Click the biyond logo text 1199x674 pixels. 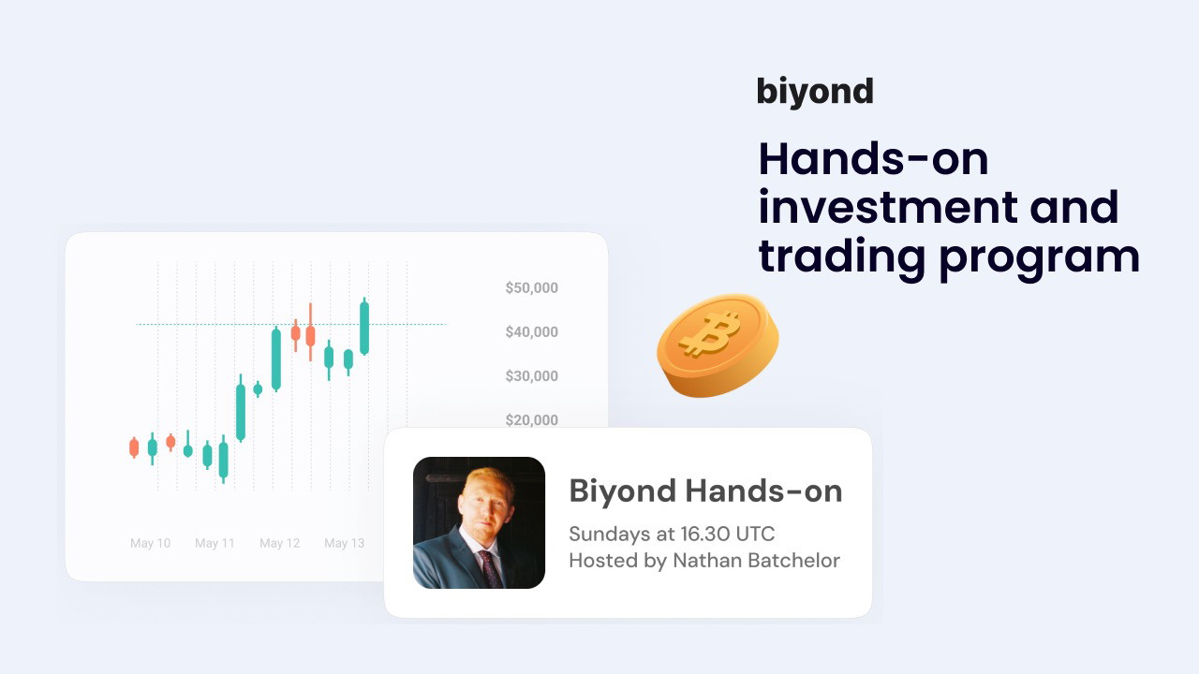pos(815,92)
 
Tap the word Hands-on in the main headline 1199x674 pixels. pos(874,159)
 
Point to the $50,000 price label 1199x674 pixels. pos(531,287)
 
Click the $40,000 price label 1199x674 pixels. pos(531,332)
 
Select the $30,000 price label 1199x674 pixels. pos(531,376)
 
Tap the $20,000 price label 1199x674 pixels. pos(531,420)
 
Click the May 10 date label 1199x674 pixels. pos(151,544)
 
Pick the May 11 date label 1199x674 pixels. pos(215,544)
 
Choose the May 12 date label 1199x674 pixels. pos(279,544)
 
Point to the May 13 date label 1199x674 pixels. pos(344,544)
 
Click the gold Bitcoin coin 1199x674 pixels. pos(718,345)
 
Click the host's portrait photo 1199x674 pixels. pos(479,522)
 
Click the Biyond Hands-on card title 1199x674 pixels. pos(705,491)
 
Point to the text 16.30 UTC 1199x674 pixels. pos(728,534)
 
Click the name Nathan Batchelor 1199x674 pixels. pos(756,561)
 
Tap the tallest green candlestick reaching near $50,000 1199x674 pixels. pos(364,328)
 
